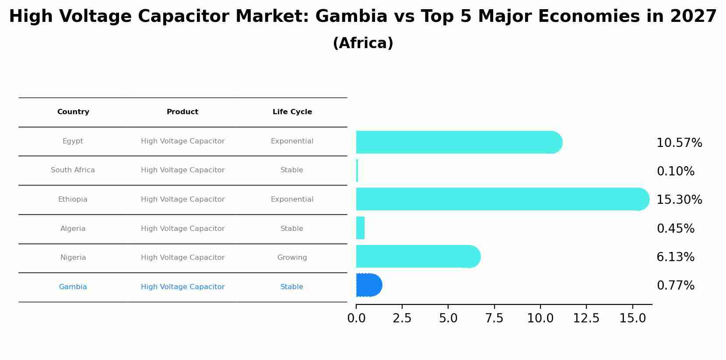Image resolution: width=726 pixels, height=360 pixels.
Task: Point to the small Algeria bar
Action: [x=360, y=228]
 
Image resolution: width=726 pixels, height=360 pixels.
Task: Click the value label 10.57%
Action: [x=679, y=143]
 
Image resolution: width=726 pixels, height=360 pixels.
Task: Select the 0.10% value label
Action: [x=675, y=171]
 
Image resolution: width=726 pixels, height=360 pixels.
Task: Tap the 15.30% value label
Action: [x=679, y=200]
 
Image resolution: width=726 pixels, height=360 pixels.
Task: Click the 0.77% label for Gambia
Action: [x=675, y=286]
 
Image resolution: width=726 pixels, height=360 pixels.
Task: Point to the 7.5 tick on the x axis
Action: [x=494, y=318]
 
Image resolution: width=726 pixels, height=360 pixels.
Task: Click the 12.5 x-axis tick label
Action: [x=586, y=318]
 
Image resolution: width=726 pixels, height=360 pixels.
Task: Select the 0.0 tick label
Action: [x=356, y=318]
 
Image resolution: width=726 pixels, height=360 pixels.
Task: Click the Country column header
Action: [x=73, y=112]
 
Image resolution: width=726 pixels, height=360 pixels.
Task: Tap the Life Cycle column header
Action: [x=292, y=112]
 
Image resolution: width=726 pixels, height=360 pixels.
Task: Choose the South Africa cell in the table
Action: [x=73, y=170]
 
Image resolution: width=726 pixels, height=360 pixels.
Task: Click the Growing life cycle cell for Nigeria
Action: [x=292, y=258]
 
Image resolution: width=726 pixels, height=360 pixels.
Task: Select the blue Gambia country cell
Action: [x=73, y=287]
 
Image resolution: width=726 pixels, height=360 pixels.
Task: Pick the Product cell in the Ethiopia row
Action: [x=182, y=199]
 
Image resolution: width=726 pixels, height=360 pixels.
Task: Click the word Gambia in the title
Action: [x=351, y=17]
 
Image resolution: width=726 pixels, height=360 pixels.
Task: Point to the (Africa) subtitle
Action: [x=363, y=43]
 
